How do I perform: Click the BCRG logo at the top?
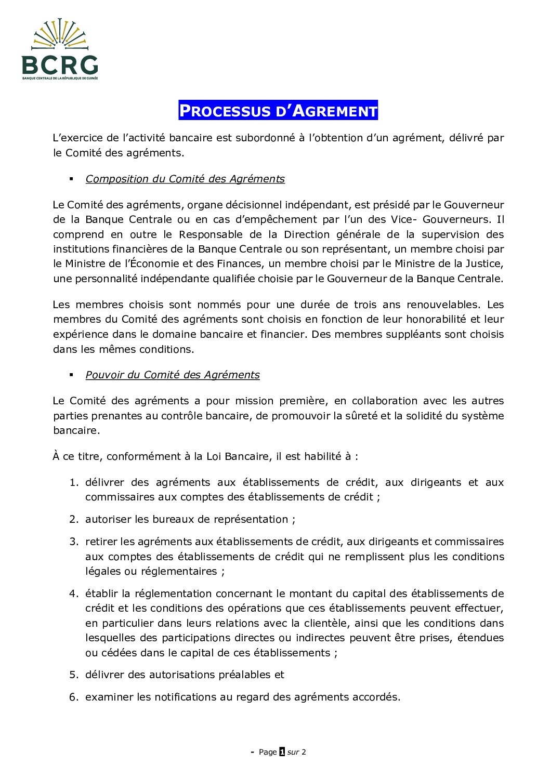[60, 49]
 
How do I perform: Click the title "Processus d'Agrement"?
[278, 111]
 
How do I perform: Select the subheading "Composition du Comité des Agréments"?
[185, 179]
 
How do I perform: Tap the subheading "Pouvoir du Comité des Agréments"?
[173, 375]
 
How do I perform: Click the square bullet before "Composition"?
[71, 179]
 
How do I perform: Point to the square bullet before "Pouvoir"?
[71, 375]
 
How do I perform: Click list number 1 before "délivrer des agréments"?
[73, 482]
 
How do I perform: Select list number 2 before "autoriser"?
[73, 519]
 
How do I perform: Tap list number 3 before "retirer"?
[73, 542]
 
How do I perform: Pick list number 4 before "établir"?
[73, 594]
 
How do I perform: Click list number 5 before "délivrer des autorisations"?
[73, 675]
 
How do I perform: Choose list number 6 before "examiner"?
[73, 697]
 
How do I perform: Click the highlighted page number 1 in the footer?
[282, 751]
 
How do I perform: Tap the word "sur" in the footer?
[293, 752]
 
